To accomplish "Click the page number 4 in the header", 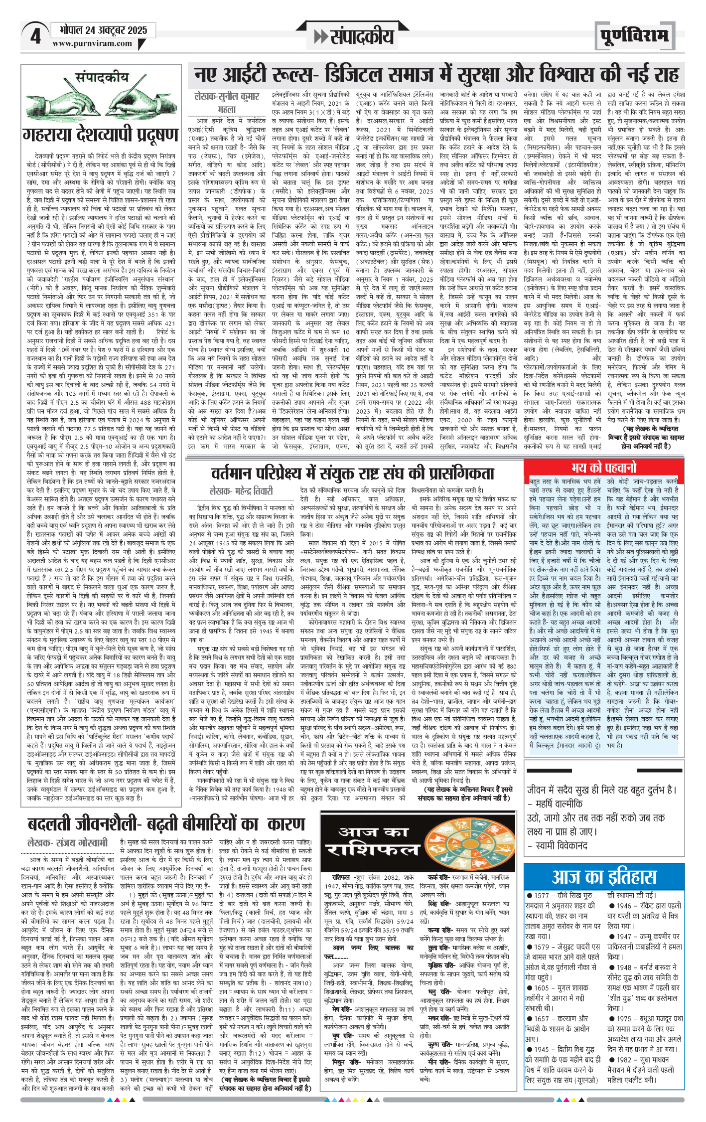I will [35, 36].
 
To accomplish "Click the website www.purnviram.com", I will [93, 43].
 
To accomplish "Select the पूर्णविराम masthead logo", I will [634, 36].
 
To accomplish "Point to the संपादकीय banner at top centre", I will [354, 36].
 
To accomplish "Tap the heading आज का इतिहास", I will [604, 877].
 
